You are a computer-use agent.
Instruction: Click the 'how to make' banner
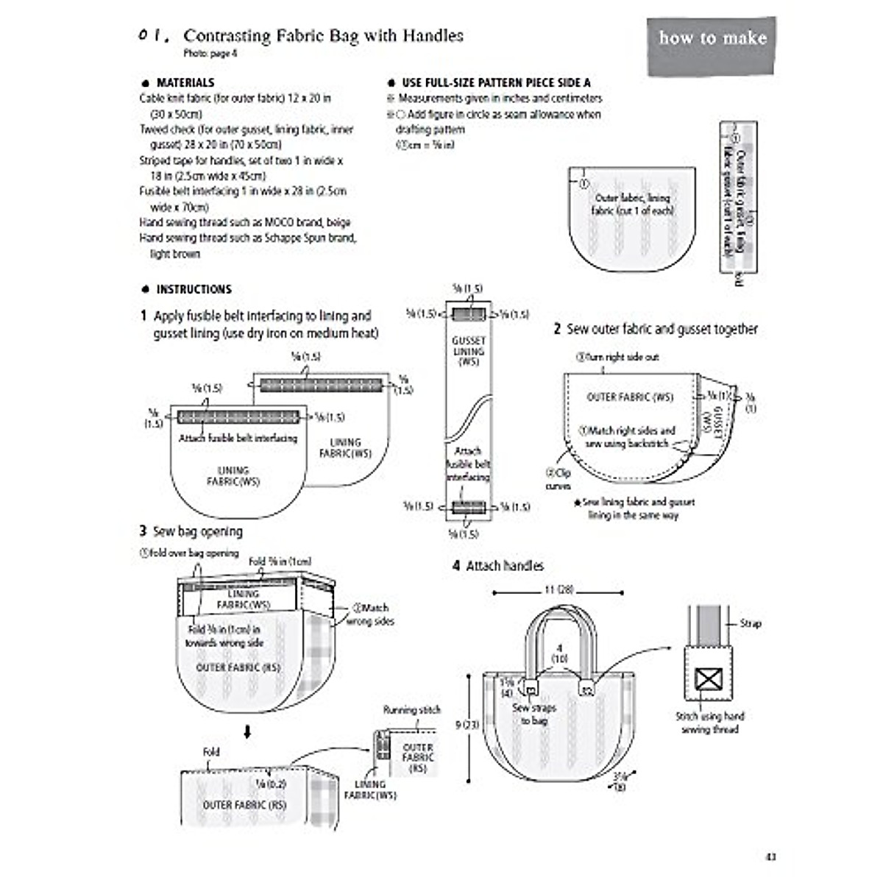pos(712,38)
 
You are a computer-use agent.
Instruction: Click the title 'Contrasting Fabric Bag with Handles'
pos(323,35)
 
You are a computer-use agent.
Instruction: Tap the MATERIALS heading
pos(185,82)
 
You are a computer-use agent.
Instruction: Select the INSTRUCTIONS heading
pos(194,289)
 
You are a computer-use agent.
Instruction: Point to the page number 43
pos(770,857)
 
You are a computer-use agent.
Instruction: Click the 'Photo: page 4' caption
pos(210,53)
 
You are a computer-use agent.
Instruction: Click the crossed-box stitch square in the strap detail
pos(708,678)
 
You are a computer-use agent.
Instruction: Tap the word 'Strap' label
pos(750,623)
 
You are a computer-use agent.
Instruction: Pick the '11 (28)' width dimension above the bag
pos(558,589)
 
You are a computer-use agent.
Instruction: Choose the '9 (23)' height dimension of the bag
pos(467,725)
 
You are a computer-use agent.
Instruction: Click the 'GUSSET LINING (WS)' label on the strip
pos(469,351)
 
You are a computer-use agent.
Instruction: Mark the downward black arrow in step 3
pos(248,732)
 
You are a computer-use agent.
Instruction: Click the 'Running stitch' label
pos(411,710)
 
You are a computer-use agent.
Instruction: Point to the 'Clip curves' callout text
pos(558,479)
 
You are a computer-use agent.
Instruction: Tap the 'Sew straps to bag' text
pos(534,714)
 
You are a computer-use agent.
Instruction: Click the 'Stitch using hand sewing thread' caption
pos(710,722)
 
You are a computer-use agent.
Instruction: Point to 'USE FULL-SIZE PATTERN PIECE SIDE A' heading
pos(495,82)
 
